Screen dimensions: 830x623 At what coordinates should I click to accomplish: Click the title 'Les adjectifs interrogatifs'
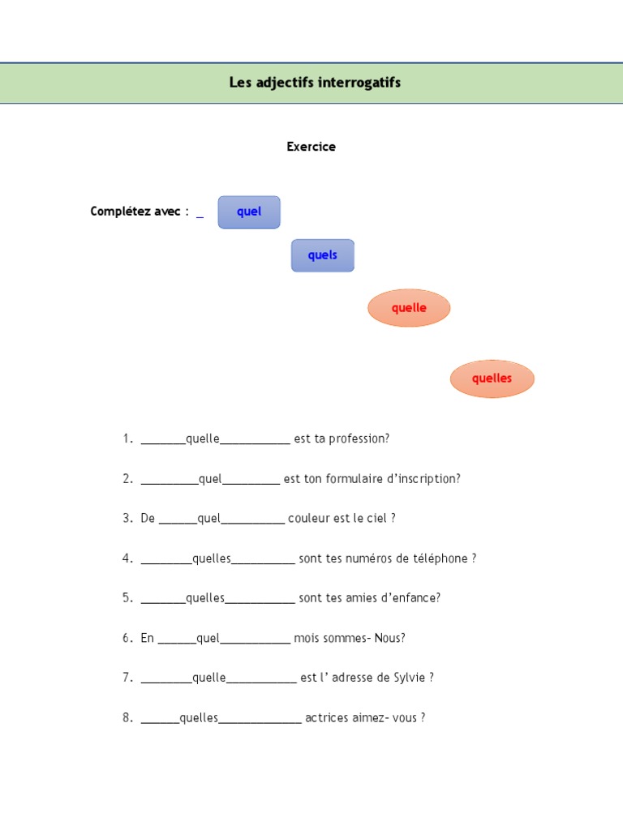[x=315, y=83]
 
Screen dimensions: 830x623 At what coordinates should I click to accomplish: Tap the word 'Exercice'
[x=311, y=147]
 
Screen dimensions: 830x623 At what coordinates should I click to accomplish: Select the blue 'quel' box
[x=249, y=212]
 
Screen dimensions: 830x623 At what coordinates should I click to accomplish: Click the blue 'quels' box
[x=322, y=255]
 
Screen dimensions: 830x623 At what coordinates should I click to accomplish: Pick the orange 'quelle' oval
[x=409, y=308]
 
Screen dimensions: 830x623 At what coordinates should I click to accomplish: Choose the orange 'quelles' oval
[x=492, y=379]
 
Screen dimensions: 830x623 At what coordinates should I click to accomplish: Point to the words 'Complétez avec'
[x=135, y=212]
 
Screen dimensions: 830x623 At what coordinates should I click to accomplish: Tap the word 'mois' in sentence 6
[x=307, y=638]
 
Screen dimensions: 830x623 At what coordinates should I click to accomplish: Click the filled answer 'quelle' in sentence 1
[x=203, y=439]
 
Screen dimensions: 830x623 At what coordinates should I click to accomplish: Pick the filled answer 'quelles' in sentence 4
[x=212, y=558]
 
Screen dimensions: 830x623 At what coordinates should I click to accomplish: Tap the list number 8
[x=127, y=717]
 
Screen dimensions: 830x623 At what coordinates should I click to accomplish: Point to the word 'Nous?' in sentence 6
[x=389, y=638]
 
